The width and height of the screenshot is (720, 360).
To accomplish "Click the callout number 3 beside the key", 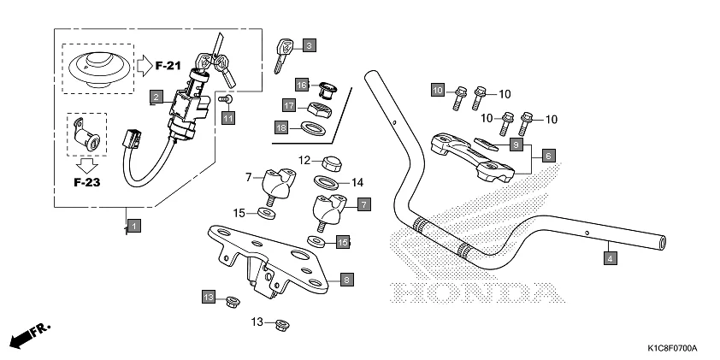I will (x=309, y=44).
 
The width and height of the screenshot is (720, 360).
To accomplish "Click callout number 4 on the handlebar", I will (x=609, y=257).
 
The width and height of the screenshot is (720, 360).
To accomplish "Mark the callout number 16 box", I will (x=302, y=85).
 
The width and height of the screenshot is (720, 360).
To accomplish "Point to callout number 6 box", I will (x=548, y=156).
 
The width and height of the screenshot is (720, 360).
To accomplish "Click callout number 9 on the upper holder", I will (x=516, y=145).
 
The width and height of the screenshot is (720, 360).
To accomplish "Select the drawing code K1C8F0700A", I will (x=672, y=349).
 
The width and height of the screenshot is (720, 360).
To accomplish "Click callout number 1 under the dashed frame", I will (x=135, y=227).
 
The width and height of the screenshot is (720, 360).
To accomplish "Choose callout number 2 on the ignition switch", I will (x=156, y=97).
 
